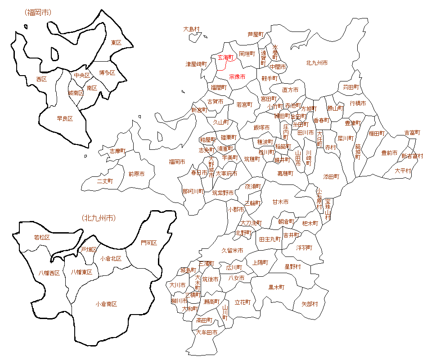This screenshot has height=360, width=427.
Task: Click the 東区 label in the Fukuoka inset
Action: pos(116,43)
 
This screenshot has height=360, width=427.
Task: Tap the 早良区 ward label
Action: pos(65,119)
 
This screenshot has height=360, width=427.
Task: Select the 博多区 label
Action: pos(107,72)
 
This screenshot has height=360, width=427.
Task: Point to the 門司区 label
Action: pos(149,243)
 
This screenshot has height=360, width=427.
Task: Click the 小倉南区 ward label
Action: pos(106,304)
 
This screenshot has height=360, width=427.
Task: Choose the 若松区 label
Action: pos(42,237)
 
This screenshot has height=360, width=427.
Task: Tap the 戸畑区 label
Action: pos(89,249)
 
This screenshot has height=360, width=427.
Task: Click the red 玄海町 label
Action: pos(226,58)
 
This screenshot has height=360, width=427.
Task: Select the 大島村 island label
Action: pos(191,29)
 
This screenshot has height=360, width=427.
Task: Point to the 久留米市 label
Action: pos(233,250)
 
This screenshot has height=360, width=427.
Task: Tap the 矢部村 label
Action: pos(310,304)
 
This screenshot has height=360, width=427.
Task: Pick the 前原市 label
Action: pos(136,174)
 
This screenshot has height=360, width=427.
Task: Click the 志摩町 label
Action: pos(118,151)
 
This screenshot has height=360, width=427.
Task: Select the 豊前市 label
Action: pos(389,153)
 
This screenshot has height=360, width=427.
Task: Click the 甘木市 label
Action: pos(280,202)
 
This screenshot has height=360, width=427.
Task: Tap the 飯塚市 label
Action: pos(261,128)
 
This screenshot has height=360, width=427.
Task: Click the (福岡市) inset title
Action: pos(38,12)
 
